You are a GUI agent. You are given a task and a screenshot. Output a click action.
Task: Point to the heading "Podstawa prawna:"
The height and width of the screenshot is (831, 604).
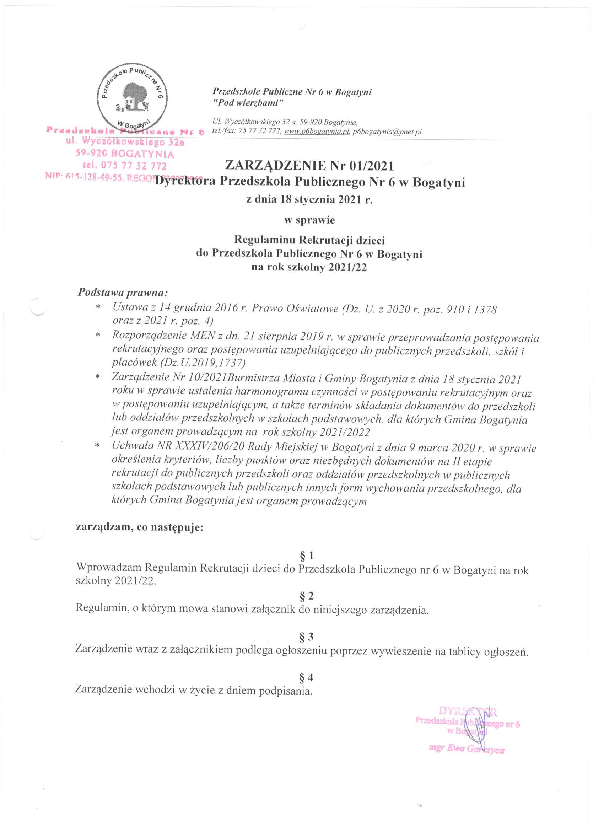[x=123, y=293]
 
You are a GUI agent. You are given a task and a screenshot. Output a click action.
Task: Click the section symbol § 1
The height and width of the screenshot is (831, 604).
[x=307, y=567]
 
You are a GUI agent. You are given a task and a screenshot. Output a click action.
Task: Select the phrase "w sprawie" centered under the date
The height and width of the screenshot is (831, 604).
[x=309, y=220]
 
